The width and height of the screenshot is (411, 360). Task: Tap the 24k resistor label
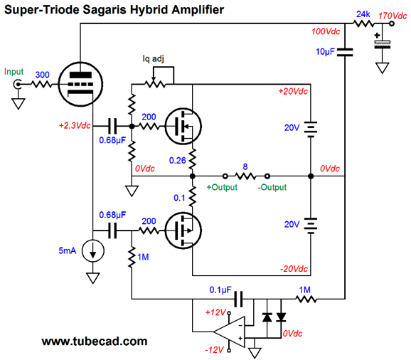point(363,14)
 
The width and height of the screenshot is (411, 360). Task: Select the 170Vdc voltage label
point(393,16)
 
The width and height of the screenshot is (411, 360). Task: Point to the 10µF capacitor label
point(325,52)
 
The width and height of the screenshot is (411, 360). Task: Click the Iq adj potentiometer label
point(154,59)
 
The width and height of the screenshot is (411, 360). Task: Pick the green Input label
point(14,72)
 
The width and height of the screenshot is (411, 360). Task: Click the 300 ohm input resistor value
point(42,75)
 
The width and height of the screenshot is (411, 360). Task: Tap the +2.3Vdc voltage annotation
point(75,125)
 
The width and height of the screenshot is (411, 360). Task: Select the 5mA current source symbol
point(92,251)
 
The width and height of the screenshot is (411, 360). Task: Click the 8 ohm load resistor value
point(245,166)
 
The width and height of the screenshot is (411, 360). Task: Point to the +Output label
point(222,187)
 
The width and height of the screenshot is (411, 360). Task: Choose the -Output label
point(272,187)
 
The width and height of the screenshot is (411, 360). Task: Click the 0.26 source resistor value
point(178,161)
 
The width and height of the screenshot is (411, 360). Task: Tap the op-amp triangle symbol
point(230,332)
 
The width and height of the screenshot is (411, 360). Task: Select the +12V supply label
point(215,312)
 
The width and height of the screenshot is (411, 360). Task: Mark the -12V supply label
point(215,350)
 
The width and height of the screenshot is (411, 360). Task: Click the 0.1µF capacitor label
point(220,290)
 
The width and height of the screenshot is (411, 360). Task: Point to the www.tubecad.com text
point(95,341)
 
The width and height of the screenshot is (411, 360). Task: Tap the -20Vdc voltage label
point(294,269)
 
